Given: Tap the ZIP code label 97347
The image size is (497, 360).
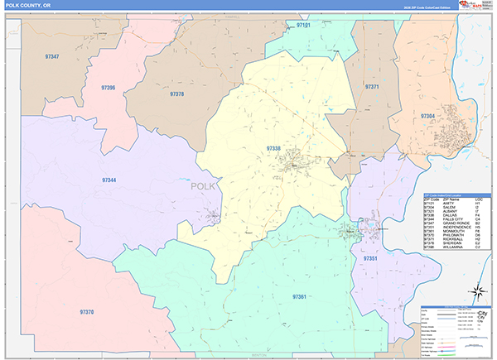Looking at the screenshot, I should coord(51,56).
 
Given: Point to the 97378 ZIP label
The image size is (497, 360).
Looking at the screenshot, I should coord(176,94).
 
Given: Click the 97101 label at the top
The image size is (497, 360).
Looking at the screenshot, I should coord(303,26).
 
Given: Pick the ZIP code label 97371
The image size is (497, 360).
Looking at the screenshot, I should coord(371,86).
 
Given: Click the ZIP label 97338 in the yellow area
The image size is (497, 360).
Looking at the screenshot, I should coord(273,148).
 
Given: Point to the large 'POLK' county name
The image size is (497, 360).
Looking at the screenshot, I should coord(203,186).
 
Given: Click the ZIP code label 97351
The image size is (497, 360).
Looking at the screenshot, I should coord(370,259).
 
